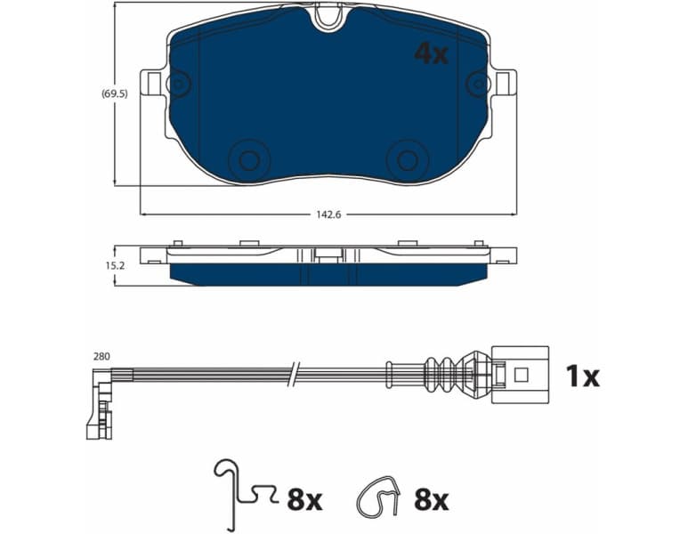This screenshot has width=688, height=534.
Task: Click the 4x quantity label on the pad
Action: point(432,54)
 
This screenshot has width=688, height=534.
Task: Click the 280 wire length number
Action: point(101,357)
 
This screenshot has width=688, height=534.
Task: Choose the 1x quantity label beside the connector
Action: point(583,376)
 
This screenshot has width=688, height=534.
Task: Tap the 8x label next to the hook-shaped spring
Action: point(304,501)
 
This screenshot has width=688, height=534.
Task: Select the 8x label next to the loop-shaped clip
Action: point(431,501)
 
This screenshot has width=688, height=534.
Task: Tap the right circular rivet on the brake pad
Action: point(407,160)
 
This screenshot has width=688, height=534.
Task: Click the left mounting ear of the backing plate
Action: point(157,84)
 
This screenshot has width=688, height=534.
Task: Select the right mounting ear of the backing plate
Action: point(505,84)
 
